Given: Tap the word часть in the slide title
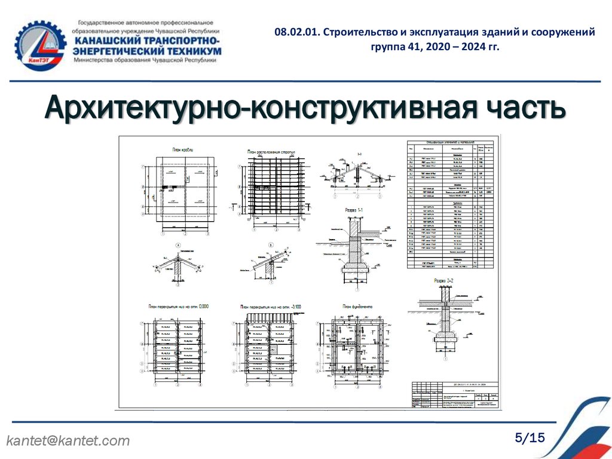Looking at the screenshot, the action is [514, 109].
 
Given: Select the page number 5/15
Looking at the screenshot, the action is [530, 438].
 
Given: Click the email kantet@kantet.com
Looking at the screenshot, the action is [68, 441].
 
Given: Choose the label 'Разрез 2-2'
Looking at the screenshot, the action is [443, 279].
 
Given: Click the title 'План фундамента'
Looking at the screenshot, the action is [357, 307].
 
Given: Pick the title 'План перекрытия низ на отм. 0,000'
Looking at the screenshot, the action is [178, 307].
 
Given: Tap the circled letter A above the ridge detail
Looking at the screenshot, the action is [178, 244].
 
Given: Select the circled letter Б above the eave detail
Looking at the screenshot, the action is [270, 244].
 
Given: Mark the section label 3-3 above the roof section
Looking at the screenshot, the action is [360, 154].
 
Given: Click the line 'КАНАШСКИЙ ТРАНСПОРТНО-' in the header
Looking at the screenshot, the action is [146, 40].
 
